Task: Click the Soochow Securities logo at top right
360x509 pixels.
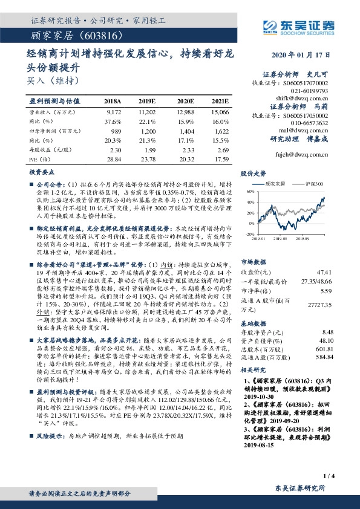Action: coord(301,26)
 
